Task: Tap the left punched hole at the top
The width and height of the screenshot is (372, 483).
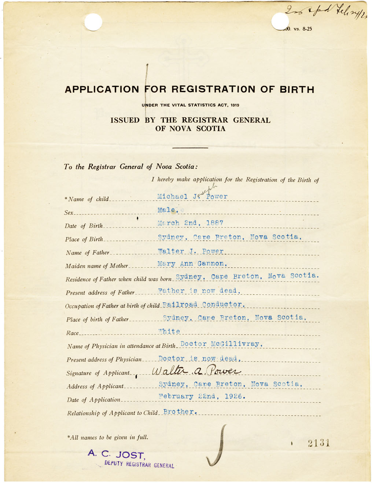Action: pyautogui.click(x=93, y=22)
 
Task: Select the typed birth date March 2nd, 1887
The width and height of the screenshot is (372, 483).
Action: pyautogui.click(x=190, y=223)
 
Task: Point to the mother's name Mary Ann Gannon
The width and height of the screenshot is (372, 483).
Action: pyautogui.click(x=192, y=263)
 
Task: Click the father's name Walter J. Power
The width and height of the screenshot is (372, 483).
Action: pyautogui.click(x=191, y=251)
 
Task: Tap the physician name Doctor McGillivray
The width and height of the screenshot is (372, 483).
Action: pyautogui.click(x=221, y=344)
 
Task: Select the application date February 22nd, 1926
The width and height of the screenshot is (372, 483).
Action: pyautogui.click(x=202, y=397)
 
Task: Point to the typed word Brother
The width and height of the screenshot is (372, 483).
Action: pyautogui.click(x=180, y=412)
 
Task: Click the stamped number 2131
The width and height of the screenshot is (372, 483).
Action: pyautogui.click(x=318, y=443)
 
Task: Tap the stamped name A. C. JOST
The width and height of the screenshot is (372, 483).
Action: pyautogui.click(x=116, y=454)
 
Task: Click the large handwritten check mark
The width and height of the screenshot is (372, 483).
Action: pyautogui.click(x=217, y=447)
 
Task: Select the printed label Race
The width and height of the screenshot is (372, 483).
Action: pyautogui.click(x=73, y=333)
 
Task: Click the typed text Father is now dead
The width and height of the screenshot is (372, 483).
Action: pyautogui.click(x=199, y=291)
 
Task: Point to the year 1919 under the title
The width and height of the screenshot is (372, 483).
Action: pyautogui.click(x=235, y=105)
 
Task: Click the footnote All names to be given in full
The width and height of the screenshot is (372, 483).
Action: pyautogui.click(x=108, y=437)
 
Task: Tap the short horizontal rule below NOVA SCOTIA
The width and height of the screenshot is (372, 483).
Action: pyautogui.click(x=190, y=148)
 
